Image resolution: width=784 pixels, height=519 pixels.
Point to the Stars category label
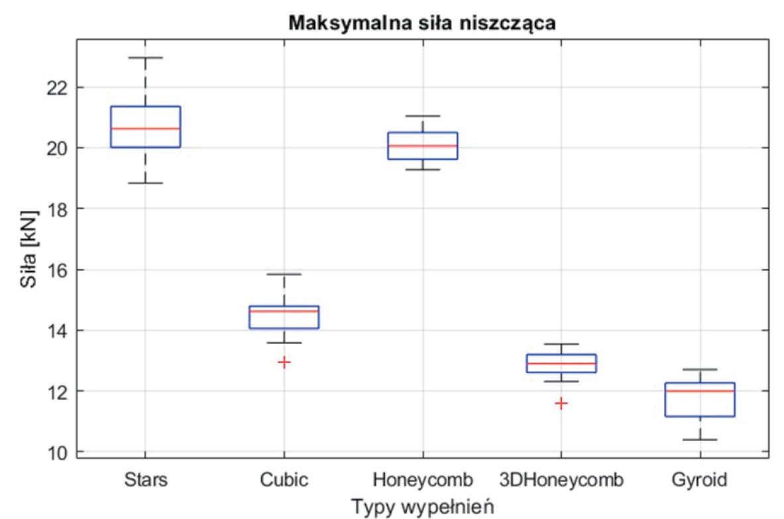145,479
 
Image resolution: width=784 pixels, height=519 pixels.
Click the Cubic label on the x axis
284,479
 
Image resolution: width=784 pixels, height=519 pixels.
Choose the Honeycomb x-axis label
422,479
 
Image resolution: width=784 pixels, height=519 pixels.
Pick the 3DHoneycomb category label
561,479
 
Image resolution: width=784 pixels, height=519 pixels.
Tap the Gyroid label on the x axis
699,479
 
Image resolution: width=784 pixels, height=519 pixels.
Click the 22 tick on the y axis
55,87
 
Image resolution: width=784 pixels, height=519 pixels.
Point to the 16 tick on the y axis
55,270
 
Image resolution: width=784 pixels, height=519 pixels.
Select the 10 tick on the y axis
55,452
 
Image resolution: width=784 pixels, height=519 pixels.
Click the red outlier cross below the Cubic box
284,362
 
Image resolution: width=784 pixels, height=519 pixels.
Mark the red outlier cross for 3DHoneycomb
561,403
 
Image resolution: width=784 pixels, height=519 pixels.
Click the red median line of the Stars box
145,129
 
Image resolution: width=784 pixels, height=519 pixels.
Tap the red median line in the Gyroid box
699,391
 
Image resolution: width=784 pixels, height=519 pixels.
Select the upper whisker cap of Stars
145,58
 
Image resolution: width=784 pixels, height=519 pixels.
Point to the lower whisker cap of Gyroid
699,439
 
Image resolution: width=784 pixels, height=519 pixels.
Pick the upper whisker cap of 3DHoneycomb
561,344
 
